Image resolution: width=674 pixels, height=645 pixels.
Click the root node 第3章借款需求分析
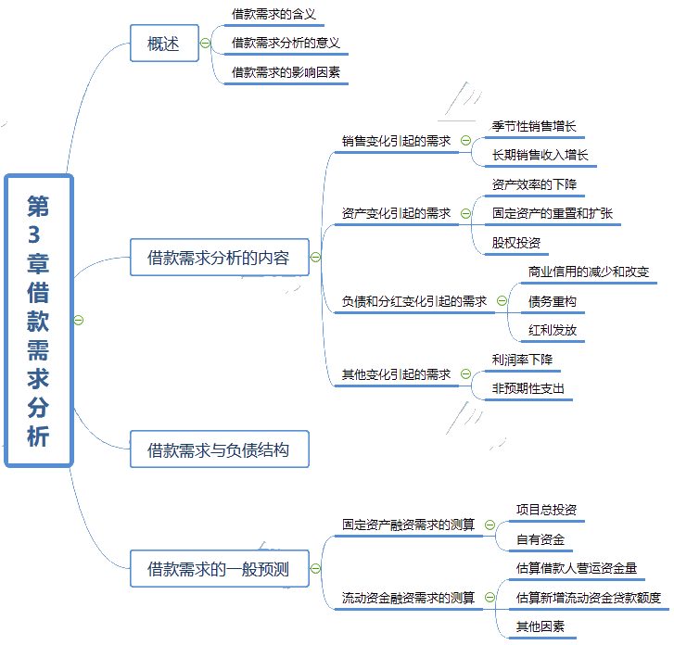38,320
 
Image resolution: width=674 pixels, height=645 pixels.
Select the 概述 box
164,43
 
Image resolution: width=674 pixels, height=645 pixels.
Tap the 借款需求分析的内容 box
218,258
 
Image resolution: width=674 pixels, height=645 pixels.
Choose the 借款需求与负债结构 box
218,450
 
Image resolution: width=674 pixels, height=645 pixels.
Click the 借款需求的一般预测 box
218,569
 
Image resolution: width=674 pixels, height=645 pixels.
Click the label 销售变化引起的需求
396,141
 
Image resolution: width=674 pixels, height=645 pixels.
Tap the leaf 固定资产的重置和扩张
552,213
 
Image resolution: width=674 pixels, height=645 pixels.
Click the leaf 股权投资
516,243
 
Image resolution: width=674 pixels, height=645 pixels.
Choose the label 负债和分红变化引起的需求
413,301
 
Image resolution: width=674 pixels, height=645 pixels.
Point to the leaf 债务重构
553,301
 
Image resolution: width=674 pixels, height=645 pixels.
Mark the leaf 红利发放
553,330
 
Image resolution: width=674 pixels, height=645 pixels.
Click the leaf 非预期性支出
528,388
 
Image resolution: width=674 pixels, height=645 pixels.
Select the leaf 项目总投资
547,510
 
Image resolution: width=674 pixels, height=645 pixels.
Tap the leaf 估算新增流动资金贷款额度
589,598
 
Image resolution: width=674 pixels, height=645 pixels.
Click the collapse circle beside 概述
205,43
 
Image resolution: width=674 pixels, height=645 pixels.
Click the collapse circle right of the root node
79,320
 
